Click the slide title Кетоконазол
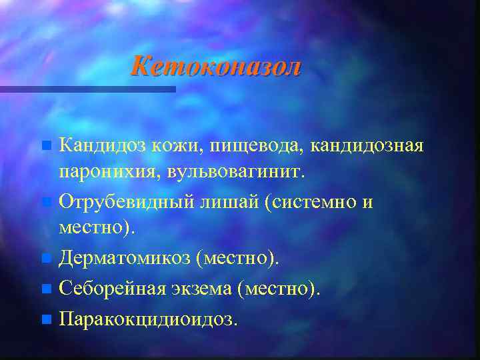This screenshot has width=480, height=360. tap(215, 67)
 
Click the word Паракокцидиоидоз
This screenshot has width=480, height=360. tap(147, 319)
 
